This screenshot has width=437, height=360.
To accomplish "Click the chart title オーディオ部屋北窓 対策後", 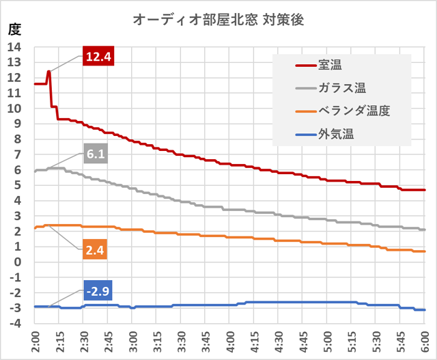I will coord(218,20).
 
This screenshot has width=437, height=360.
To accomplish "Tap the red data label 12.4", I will coord(98,57).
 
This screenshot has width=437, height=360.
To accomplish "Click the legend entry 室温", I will coord(330,66).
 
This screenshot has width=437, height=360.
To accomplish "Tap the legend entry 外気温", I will coord(335,133).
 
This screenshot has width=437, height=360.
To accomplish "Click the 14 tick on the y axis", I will coord(14,47).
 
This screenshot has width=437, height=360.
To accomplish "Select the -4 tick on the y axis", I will coord(15,324).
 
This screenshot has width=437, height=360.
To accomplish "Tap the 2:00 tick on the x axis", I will coord(35,342).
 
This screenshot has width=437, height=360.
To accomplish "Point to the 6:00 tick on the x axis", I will coord(424,342).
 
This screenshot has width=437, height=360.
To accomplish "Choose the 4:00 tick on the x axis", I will coord(229,342).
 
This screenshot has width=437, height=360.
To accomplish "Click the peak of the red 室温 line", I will coord(48,71).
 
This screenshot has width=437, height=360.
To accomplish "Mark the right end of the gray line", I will coord(424,230).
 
